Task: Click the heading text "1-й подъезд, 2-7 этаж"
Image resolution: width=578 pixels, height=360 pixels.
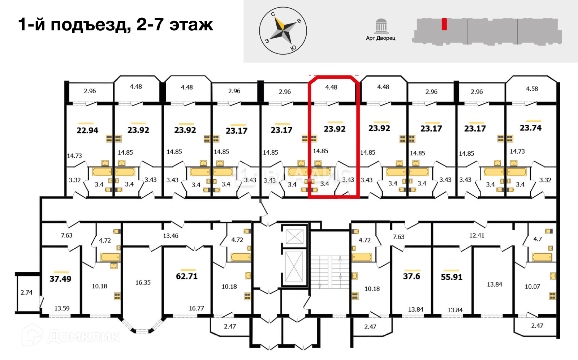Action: point(116,25)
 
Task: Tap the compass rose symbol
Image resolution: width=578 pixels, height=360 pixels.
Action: point(283,31)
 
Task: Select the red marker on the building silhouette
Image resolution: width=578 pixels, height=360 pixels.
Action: point(444,24)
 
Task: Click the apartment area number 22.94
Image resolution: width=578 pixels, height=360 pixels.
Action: point(87,130)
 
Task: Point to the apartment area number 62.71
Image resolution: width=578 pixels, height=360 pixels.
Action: point(186,277)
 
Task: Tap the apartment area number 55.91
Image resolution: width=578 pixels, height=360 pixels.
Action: point(452,277)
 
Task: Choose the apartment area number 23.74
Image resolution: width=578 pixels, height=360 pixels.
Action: point(531,128)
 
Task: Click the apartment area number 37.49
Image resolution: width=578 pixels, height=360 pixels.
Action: point(60,279)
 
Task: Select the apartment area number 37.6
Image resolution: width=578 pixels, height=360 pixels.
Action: point(411,277)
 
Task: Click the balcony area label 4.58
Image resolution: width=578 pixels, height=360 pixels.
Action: point(532,89)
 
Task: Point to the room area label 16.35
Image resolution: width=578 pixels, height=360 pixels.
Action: point(143,283)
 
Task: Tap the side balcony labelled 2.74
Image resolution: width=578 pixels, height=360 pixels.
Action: point(26,292)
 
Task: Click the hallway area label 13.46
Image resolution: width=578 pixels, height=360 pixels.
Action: point(171,236)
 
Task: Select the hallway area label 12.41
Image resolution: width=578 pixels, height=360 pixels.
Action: point(477,235)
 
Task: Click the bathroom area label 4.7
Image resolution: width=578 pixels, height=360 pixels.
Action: point(538,239)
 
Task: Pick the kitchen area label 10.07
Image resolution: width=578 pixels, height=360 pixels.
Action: point(532,287)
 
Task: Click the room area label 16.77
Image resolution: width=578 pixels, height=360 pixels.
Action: point(197,308)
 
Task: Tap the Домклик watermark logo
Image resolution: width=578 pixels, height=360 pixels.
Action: point(71,336)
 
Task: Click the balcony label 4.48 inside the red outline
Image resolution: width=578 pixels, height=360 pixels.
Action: point(331,87)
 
